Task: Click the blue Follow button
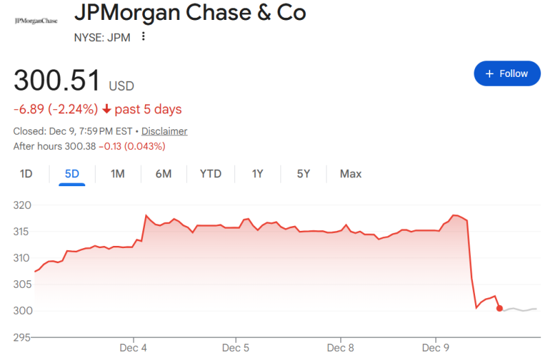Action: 507,74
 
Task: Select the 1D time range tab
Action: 26,174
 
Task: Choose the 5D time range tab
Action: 71,174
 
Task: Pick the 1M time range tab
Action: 118,174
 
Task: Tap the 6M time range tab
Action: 163,174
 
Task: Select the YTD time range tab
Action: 210,174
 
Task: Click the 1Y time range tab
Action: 258,174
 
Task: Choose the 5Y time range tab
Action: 304,174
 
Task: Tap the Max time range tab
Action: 351,174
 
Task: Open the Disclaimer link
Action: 165,131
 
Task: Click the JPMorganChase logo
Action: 36,21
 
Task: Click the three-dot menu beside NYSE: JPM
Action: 143,36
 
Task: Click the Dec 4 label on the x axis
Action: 134,348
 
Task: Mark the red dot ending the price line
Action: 500,308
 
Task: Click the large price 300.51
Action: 57,81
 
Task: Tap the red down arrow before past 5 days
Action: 107,109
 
